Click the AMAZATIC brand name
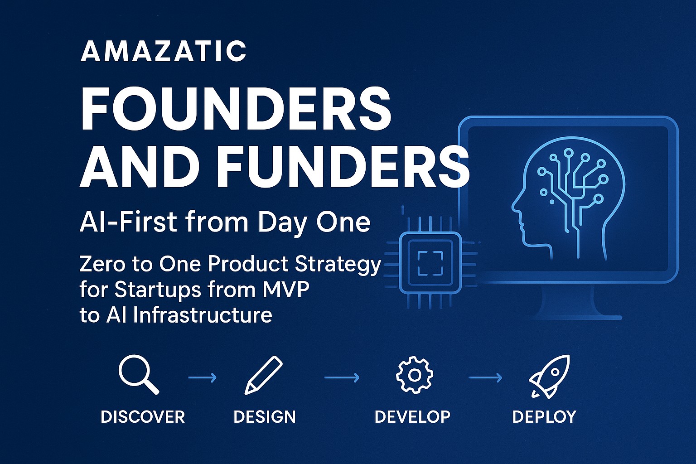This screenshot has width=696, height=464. click(164, 51)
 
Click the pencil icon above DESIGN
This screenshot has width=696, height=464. click(263, 376)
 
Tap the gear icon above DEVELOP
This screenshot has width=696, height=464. click(415, 376)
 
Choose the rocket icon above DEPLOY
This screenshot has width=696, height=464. click(549, 377)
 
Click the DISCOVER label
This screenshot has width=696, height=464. click(143, 417)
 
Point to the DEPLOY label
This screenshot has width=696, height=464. click(544, 417)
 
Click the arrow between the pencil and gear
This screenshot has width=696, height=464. click(342, 377)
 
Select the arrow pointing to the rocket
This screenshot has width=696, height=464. click(485, 377)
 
